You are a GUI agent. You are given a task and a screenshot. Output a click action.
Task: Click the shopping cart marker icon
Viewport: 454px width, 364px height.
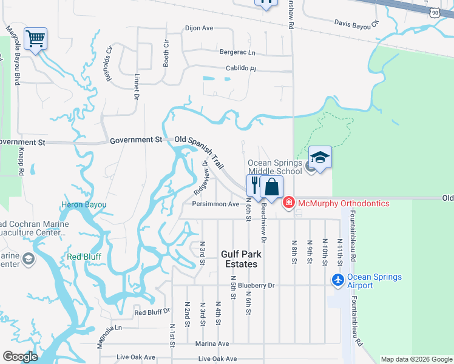point(36,39)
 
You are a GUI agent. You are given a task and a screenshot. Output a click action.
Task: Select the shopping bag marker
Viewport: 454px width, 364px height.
point(273,186)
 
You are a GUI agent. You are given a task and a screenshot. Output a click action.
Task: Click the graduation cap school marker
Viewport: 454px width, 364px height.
point(320,158)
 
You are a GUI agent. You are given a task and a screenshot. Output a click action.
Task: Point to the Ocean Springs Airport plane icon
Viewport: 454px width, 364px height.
point(338,281)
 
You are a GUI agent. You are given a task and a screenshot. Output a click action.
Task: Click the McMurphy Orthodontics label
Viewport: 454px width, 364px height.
point(343,202)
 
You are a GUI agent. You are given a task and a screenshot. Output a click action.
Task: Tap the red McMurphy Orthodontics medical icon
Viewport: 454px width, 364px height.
point(289,202)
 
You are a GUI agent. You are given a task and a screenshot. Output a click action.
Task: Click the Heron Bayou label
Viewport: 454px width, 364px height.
point(84,205)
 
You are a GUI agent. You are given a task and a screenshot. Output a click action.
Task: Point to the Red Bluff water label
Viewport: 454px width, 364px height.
point(84,256)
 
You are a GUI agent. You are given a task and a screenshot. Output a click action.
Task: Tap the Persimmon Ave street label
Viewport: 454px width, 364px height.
point(215,204)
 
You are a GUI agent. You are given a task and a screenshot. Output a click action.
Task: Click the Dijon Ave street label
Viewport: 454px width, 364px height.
point(199,28)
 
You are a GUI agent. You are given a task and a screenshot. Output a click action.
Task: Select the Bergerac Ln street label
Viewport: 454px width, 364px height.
point(232,53)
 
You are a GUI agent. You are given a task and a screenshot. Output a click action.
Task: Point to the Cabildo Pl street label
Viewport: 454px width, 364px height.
point(242,69)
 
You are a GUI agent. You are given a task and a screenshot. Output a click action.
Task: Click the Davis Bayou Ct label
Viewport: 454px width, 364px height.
point(356,24)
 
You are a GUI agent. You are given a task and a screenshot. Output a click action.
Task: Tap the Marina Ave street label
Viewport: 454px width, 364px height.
point(211,343)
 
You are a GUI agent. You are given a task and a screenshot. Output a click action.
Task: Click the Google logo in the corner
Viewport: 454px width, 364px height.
point(19,357)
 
